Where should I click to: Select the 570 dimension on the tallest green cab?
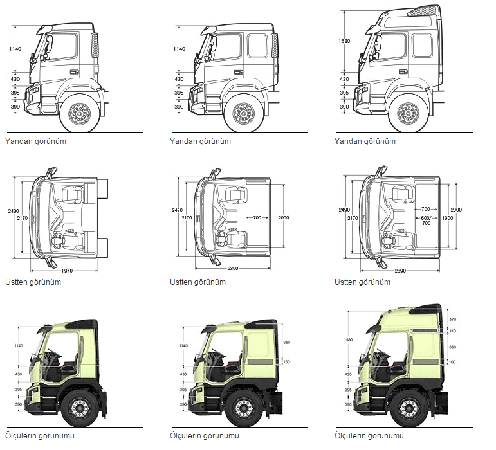(x=452, y=319)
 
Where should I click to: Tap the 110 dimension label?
(x=452, y=330)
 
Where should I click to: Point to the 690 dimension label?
(x=452, y=346)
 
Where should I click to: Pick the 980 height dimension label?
(x=287, y=341)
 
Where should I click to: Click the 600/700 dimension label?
(x=426, y=219)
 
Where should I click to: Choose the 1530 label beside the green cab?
(x=348, y=339)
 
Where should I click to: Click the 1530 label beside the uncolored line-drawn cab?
(x=344, y=41)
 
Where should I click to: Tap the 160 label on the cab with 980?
(x=287, y=361)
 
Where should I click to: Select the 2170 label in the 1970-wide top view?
(x=24, y=218)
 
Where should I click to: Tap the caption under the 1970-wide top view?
(x=33, y=282)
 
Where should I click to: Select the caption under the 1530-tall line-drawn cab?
(x=365, y=141)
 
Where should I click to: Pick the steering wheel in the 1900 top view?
(x=390, y=240)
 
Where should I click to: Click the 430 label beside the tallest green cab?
(x=348, y=374)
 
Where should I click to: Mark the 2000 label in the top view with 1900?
(x=456, y=210)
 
